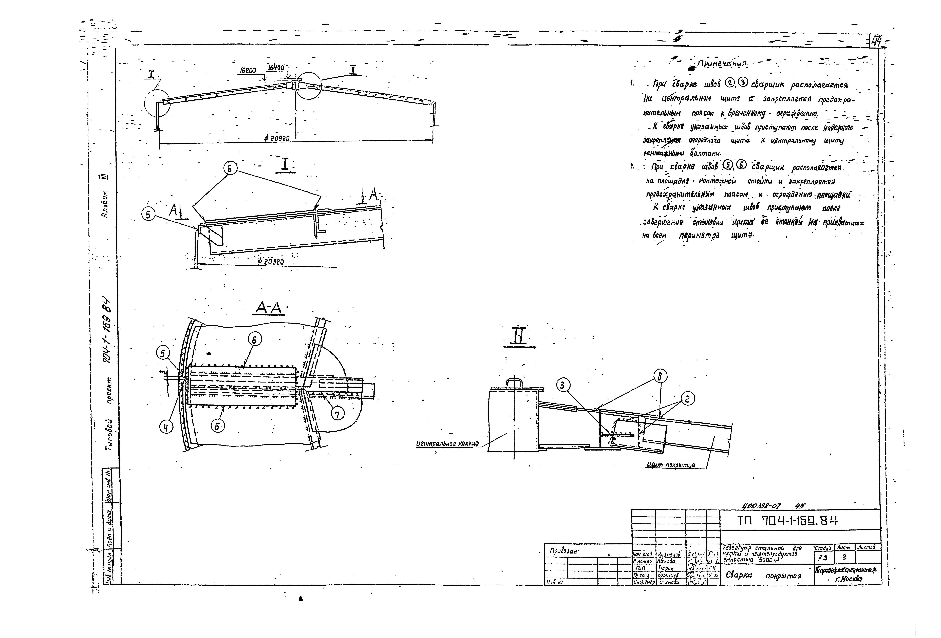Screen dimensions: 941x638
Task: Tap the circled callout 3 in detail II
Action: [562, 386]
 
